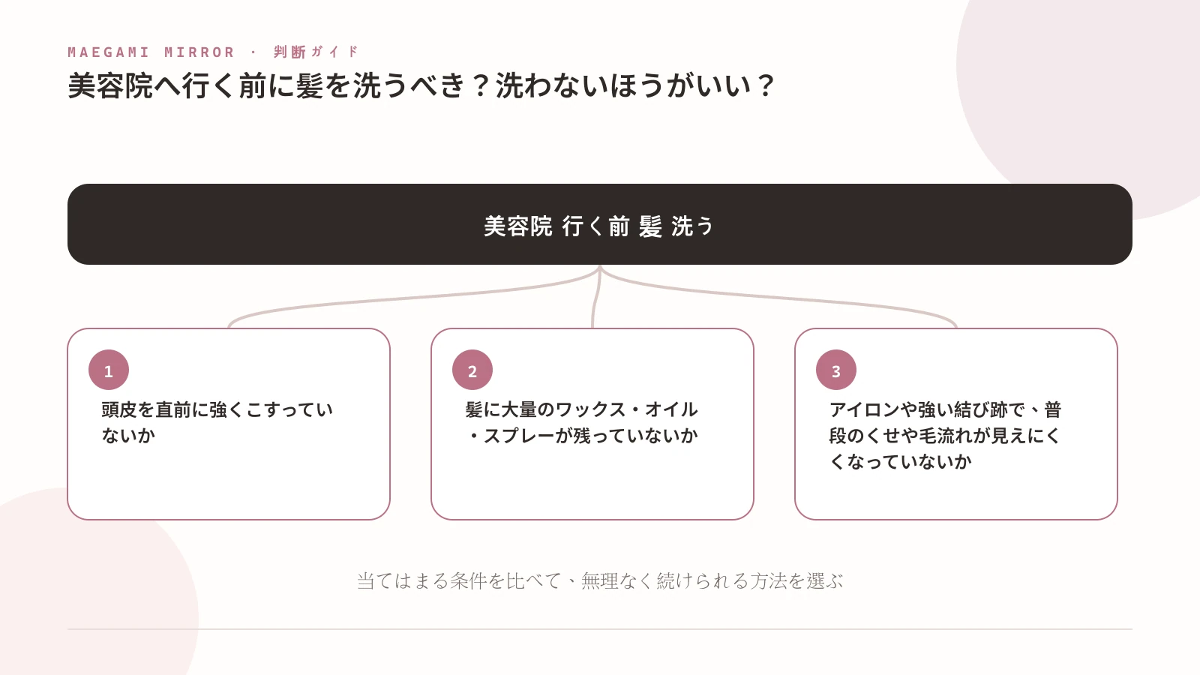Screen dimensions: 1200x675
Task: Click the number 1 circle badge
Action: tap(109, 370)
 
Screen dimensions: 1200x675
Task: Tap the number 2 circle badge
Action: tap(472, 370)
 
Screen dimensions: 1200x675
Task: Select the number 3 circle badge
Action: tap(836, 370)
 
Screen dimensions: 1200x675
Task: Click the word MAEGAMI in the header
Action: tap(109, 52)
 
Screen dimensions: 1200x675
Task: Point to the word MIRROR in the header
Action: tap(199, 52)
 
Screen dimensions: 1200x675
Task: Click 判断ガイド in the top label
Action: tap(316, 52)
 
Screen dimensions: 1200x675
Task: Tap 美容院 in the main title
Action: tap(110, 85)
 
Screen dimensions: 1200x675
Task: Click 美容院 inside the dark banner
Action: tap(518, 226)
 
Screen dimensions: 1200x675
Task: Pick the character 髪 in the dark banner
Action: tap(650, 226)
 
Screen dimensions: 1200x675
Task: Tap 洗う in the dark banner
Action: tap(692, 226)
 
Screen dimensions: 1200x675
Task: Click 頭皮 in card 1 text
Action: tap(119, 409)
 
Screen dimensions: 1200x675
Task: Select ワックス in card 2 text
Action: tap(590, 409)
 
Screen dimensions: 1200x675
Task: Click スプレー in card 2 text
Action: tap(518, 436)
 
